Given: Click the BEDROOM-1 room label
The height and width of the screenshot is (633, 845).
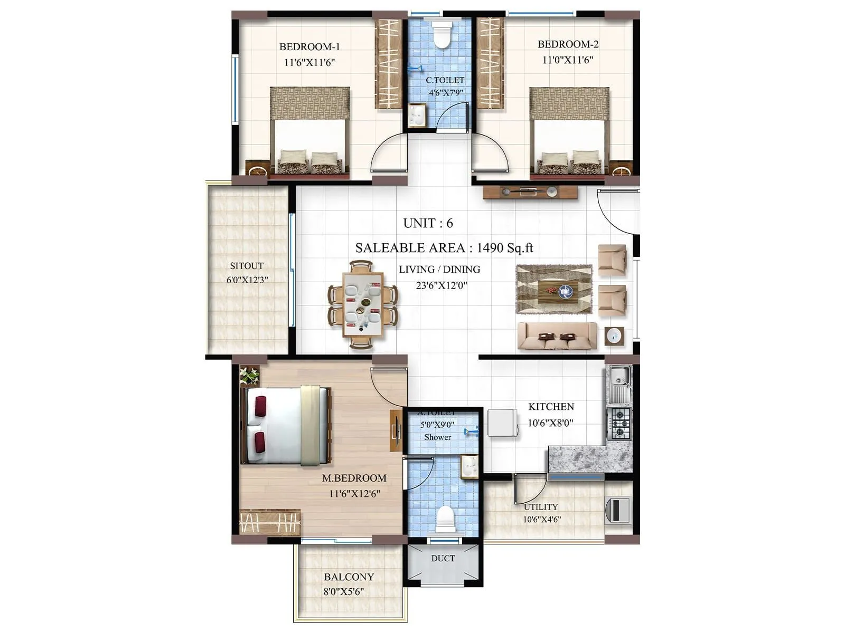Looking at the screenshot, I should click(309, 46).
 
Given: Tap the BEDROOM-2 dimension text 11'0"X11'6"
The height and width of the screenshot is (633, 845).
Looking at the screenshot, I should click(568, 60).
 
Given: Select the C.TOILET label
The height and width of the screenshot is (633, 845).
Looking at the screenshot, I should click(445, 80).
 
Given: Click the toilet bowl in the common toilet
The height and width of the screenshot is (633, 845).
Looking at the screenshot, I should click(440, 36).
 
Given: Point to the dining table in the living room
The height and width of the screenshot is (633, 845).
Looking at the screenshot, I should click(363, 304).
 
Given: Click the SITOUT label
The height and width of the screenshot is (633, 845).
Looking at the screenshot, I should click(247, 266).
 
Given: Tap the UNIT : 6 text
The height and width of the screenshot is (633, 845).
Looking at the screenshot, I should click(428, 223).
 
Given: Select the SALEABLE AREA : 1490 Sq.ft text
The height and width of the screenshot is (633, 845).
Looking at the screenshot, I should click(444, 248).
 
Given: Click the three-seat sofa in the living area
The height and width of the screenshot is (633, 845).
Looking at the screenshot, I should click(557, 336).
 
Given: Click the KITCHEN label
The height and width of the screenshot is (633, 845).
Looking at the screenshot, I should click(551, 407).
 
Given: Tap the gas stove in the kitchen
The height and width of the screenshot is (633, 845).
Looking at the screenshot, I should click(618, 424).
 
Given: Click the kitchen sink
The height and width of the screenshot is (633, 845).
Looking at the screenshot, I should click(618, 378).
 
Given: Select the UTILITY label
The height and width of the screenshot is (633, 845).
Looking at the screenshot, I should click(541, 507).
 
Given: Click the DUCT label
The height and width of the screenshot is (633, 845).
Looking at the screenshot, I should click(443, 558).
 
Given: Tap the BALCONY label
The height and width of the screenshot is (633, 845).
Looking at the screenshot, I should click(349, 577).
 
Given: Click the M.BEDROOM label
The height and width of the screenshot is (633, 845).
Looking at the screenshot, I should click(354, 478).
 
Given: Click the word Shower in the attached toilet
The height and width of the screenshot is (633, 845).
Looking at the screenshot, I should click(437, 437).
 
